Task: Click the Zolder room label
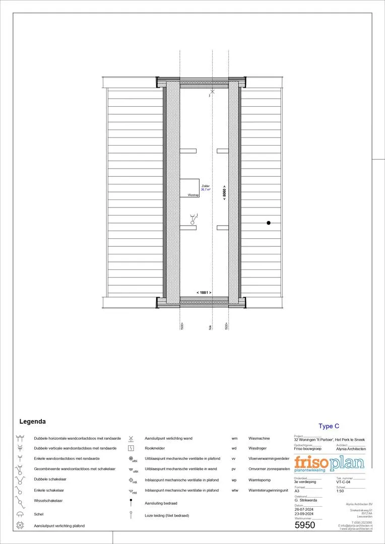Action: [x=206, y=186]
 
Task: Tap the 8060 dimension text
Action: [x=224, y=192]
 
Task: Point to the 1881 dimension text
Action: [x=204, y=293]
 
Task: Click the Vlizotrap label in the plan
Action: [x=194, y=194]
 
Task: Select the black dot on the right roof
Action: [x=269, y=223]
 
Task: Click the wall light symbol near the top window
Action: [x=212, y=92]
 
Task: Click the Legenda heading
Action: [x=32, y=421]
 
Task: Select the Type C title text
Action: [x=329, y=426]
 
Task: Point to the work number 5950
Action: [x=304, y=525]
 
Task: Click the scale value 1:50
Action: [x=340, y=491]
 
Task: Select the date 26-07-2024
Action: [x=304, y=509]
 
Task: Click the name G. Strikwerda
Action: [x=307, y=500]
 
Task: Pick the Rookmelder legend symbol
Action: [x=131, y=448]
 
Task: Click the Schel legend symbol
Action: [x=20, y=514]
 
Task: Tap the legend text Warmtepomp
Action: [x=259, y=480]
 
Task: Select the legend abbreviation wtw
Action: [x=234, y=490]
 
